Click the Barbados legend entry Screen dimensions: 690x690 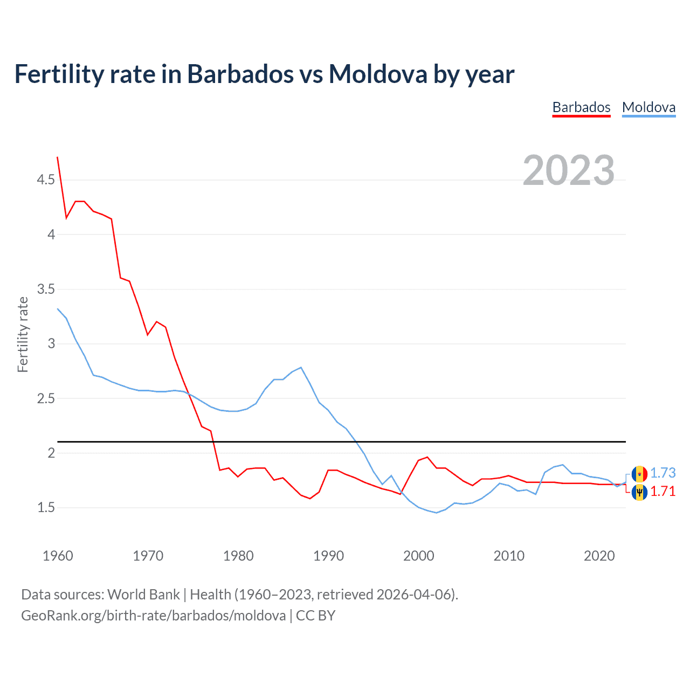click(581, 107)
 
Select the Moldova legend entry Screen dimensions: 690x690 click(648, 107)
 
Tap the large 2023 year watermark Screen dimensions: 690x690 click(569, 170)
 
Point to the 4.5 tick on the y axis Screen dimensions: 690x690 click(46, 180)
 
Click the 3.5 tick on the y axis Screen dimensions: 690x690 click(46, 289)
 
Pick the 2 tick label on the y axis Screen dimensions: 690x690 click(51, 453)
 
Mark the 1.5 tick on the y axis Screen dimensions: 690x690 click(46, 507)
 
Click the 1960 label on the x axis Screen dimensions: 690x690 click(58, 556)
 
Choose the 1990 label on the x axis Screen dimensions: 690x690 click(328, 556)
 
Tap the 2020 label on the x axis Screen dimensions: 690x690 click(599, 556)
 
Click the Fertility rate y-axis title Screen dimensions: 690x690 click(23, 334)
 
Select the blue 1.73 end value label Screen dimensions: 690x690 click(663, 473)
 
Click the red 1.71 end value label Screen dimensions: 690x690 click(663, 491)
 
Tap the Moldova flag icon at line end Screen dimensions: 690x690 click(639, 474)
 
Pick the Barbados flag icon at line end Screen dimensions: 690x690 click(639, 492)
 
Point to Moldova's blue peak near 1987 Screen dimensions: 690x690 click(301, 368)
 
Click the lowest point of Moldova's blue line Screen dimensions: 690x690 click(436, 513)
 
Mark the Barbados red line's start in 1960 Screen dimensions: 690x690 click(58, 157)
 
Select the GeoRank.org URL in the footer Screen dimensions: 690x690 click(154, 616)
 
